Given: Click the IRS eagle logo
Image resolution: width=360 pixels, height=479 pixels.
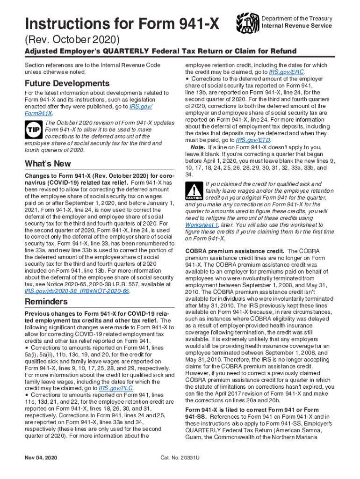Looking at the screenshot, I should [x=247, y=22].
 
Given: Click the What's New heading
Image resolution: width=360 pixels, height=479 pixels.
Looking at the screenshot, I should [x=48, y=164].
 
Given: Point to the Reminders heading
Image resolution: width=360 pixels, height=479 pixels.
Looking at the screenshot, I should [x=46, y=301].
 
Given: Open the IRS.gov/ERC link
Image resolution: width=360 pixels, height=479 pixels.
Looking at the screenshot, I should [x=287, y=73].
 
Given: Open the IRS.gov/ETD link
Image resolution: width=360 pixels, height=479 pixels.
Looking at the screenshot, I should [x=256, y=140].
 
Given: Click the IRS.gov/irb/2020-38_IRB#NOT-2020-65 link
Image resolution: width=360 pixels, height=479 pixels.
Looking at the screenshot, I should [x=77, y=290].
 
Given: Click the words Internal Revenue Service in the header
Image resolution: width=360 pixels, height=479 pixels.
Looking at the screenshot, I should [x=297, y=26].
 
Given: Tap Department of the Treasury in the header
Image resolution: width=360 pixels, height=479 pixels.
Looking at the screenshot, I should [x=297, y=19].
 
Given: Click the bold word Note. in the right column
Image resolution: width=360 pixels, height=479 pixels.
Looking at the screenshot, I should [x=198, y=147].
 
